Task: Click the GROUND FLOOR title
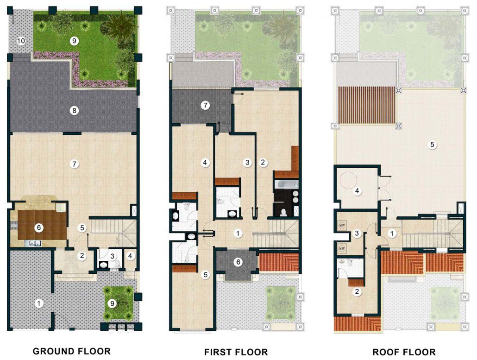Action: point(71,351)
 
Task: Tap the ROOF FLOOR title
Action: point(404,352)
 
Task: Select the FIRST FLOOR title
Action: point(236,352)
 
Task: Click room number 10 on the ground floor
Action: point(21,41)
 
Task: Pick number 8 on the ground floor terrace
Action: point(74,110)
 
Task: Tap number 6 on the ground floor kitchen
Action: point(38,227)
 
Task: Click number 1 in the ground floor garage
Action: point(38,303)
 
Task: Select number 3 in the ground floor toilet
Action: point(112,256)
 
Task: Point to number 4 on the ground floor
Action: point(130,256)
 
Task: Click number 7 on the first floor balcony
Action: point(205,106)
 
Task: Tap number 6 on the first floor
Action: point(238,262)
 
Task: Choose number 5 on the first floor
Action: point(205,275)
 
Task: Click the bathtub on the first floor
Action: point(286,184)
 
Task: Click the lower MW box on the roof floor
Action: point(342,248)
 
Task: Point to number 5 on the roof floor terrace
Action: point(432,144)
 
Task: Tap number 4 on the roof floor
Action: point(357,191)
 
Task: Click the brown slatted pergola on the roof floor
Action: point(368,105)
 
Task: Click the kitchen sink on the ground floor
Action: point(35,243)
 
